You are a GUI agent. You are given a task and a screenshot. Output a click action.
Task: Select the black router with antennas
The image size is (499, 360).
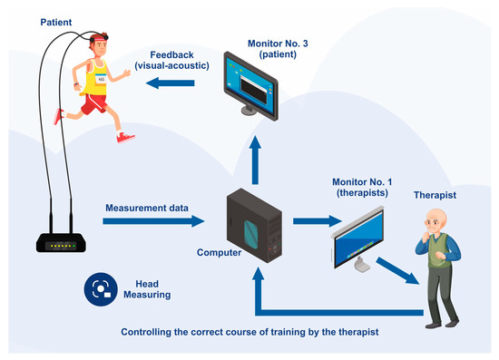point(63,243)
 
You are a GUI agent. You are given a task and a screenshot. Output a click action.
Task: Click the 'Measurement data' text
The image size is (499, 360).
point(146,209)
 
